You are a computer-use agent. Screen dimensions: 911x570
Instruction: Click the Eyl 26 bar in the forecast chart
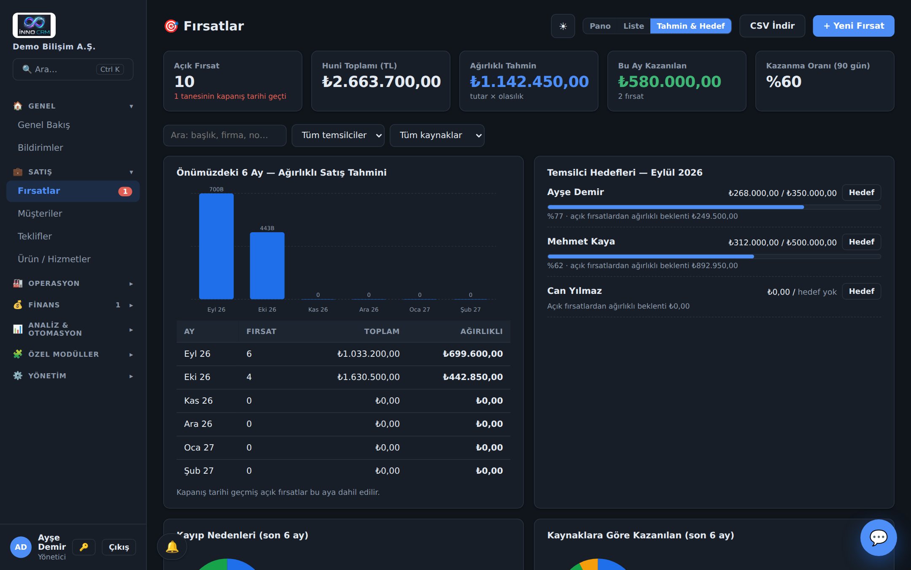(216, 246)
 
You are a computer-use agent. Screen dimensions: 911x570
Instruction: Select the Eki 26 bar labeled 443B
(267, 266)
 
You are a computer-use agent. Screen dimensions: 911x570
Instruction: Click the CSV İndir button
(772, 26)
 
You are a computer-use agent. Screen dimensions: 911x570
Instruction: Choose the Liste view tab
(633, 26)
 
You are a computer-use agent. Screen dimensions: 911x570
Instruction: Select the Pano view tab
(600, 26)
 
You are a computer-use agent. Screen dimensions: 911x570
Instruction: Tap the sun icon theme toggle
(563, 26)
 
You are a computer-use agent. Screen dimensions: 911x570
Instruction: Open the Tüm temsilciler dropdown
(338, 136)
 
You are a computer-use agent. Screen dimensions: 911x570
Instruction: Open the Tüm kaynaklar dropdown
(437, 136)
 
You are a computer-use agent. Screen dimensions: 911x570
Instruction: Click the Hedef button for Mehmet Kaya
(861, 242)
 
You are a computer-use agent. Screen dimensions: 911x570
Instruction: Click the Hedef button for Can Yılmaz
(861, 291)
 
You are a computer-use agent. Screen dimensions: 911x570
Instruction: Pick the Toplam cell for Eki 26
(368, 377)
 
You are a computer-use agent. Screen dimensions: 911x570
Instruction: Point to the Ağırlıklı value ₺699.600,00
(472, 354)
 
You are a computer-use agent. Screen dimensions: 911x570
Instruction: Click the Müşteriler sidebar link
(40, 214)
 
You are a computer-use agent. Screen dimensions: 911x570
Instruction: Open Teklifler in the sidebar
(35, 236)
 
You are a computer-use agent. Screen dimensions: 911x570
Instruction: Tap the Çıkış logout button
(119, 547)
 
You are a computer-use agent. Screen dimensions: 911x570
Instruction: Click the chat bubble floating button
(879, 537)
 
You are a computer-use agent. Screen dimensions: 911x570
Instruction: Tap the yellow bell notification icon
(172, 547)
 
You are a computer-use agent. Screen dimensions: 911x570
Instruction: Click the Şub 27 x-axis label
(470, 309)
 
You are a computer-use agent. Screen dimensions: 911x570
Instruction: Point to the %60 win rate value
(784, 81)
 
